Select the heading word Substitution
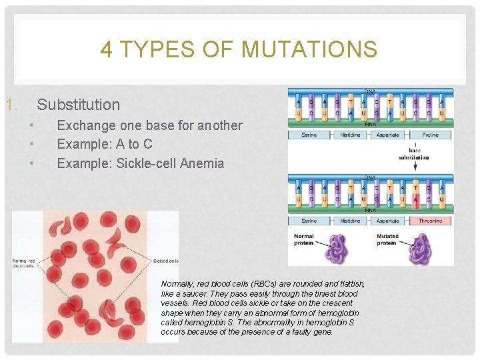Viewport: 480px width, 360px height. tap(78, 105)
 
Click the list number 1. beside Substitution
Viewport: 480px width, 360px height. tap(10, 105)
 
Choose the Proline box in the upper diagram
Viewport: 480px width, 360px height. tap(430, 135)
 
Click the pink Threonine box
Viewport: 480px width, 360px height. tap(430, 221)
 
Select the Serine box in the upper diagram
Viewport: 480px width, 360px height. tap(309, 135)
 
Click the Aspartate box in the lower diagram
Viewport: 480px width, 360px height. tap(388, 221)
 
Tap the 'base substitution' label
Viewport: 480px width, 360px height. tap(413, 154)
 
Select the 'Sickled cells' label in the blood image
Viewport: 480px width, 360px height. tap(165, 261)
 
